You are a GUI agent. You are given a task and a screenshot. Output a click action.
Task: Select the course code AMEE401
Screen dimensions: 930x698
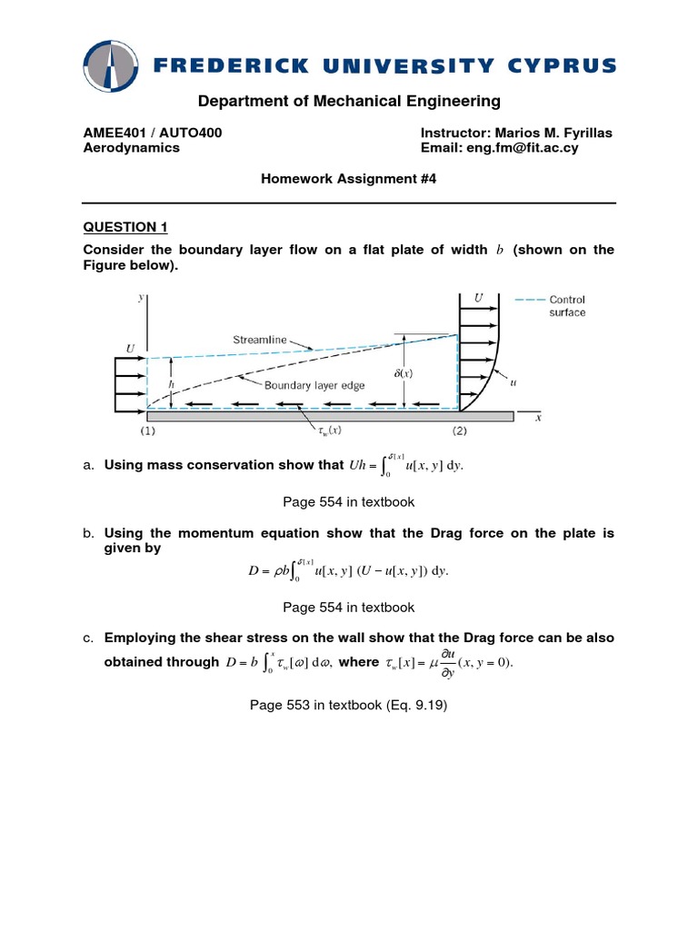[x=113, y=133]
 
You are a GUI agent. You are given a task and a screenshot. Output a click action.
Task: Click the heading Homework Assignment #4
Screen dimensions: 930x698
[x=349, y=180]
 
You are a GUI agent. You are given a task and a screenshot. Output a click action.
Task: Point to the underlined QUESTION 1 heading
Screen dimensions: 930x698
[x=125, y=226]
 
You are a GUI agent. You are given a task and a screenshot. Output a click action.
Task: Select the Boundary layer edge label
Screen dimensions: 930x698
[x=313, y=385]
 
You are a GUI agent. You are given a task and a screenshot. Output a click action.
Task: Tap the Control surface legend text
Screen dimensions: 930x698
[x=566, y=306]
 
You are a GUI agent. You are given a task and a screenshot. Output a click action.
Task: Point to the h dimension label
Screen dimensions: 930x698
[x=171, y=384]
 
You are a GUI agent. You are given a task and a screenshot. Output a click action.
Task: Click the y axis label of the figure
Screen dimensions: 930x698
[x=142, y=296]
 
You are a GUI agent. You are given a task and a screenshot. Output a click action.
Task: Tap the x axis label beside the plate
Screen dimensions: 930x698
[x=538, y=418]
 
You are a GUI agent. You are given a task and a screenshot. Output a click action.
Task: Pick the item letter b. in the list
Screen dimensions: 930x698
[x=89, y=533]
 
